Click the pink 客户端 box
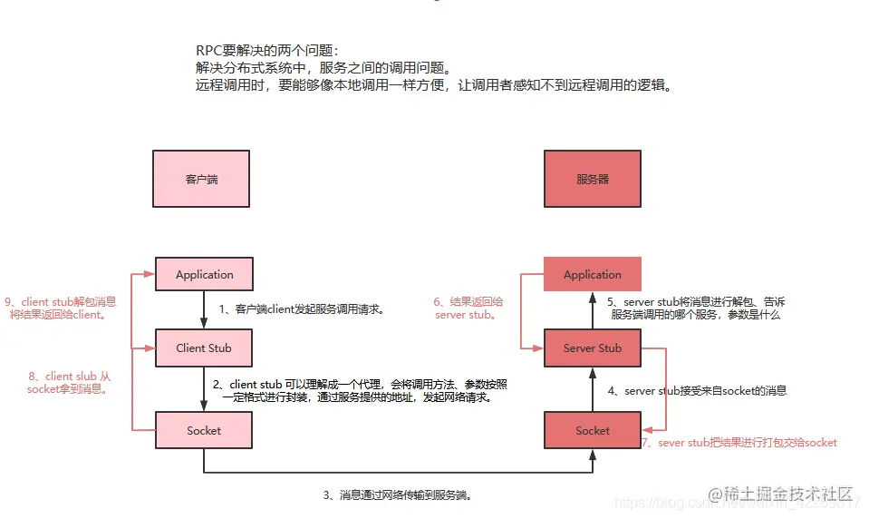(x=201, y=179)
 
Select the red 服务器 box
(x=592, y=179)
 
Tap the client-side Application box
(x=204, y=274)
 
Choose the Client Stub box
(x=204, y=348)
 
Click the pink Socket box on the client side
(x=204, y=430)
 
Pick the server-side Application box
(x=592, y=274)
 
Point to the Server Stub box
(x=592, y=348)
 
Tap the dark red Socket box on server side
(x=592, y=430)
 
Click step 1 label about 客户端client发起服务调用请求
(x=302, y=309)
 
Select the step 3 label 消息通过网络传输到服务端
(x=398, y=495)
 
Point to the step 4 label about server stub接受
(x=697, y=391)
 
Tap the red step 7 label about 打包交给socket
(x=739, y=443)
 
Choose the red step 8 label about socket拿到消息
(x=69, y=382)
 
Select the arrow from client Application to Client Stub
(x=204, y=311)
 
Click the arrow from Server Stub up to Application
(x=592, y=311)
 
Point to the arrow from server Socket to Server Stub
(x=592, y=388)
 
